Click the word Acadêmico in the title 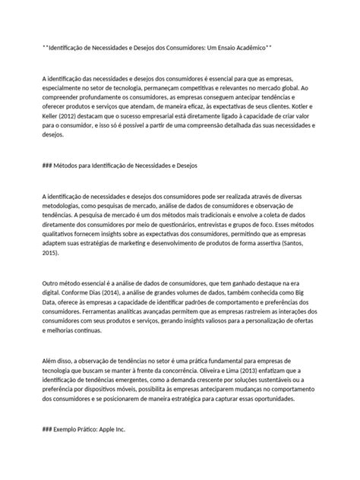tap(248, 47)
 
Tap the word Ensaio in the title tap(216, 47)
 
